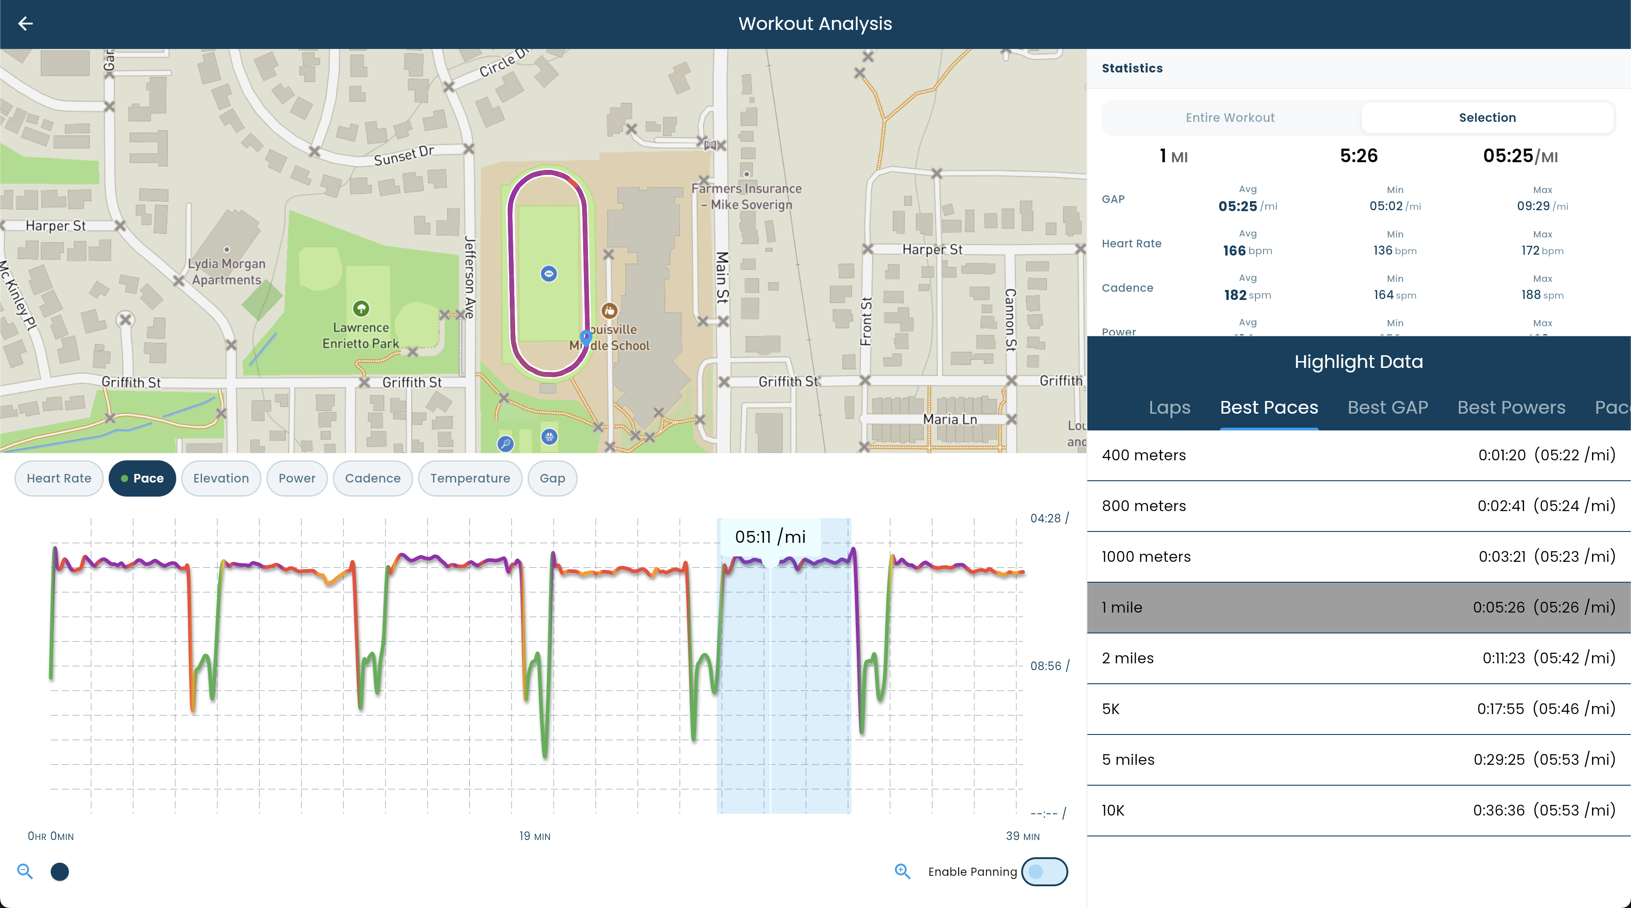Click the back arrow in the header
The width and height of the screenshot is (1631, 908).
pos(25,24)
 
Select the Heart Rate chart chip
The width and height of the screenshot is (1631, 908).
pos(59,478)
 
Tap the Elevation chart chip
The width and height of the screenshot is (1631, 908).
pos(221,478)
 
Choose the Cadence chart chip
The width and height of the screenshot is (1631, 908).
pos(372,478)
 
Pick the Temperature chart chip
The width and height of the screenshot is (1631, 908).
pos(470,478)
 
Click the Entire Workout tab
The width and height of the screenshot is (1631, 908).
pos(1230,118)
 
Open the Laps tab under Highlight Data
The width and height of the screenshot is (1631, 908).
pos(1169,407)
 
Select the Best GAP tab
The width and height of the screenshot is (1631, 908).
pos(1387,407)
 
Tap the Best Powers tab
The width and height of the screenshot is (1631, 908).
pos(1510,407)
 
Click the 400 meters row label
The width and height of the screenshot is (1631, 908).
pos(1144,455)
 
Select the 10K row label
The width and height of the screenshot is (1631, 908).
pos(1113,811)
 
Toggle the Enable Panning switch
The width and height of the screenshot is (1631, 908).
pos(1044,872)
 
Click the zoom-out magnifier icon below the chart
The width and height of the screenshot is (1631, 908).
pos(25,871)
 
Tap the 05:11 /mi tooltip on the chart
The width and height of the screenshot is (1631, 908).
pos(770,537)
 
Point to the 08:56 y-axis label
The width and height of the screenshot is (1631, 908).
pos(1045,666)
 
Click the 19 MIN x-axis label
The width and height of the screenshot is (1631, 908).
pos(535,836)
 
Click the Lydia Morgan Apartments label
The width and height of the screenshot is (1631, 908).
pos(227,272)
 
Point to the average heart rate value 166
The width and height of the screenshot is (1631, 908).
pos(1234,251)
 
